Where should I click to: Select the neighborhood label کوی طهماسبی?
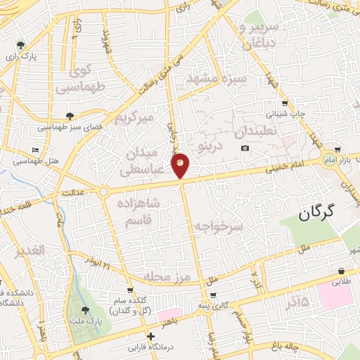pos(77,79)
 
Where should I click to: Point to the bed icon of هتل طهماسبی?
pos(36,150)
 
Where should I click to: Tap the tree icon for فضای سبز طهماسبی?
pos(69,116)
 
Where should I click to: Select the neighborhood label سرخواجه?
pos(219,227)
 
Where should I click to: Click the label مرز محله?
pos(167,277)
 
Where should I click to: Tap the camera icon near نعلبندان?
pos(245,148)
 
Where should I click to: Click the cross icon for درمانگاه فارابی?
pos(150,336)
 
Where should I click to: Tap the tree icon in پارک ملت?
pos(85,309)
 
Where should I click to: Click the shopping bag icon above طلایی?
pos(341,271)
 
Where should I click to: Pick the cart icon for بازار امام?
pos(338,150)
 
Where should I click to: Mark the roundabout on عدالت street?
pos(104,191)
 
